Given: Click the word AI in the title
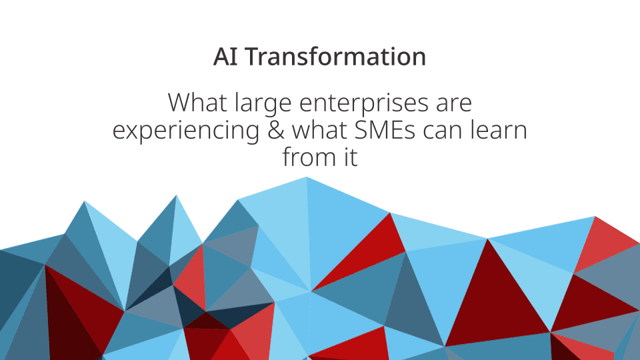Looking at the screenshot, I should coord(223,57).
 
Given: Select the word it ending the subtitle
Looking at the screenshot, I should coord(351,157).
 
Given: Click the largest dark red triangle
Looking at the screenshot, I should coord(493,300).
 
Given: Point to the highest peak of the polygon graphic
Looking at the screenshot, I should coord(307,179).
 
